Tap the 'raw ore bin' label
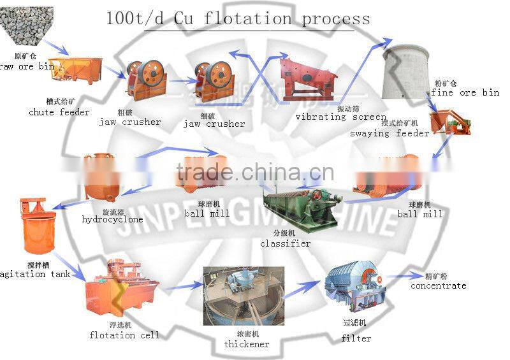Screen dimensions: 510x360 27,66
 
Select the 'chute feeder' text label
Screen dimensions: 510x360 59,112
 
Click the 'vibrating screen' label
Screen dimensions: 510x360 340,117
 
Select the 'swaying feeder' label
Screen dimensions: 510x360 390,133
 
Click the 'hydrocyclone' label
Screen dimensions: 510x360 112,219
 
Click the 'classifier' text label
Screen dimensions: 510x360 285,243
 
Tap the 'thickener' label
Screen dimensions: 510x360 247,344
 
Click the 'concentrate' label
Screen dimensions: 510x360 438,285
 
